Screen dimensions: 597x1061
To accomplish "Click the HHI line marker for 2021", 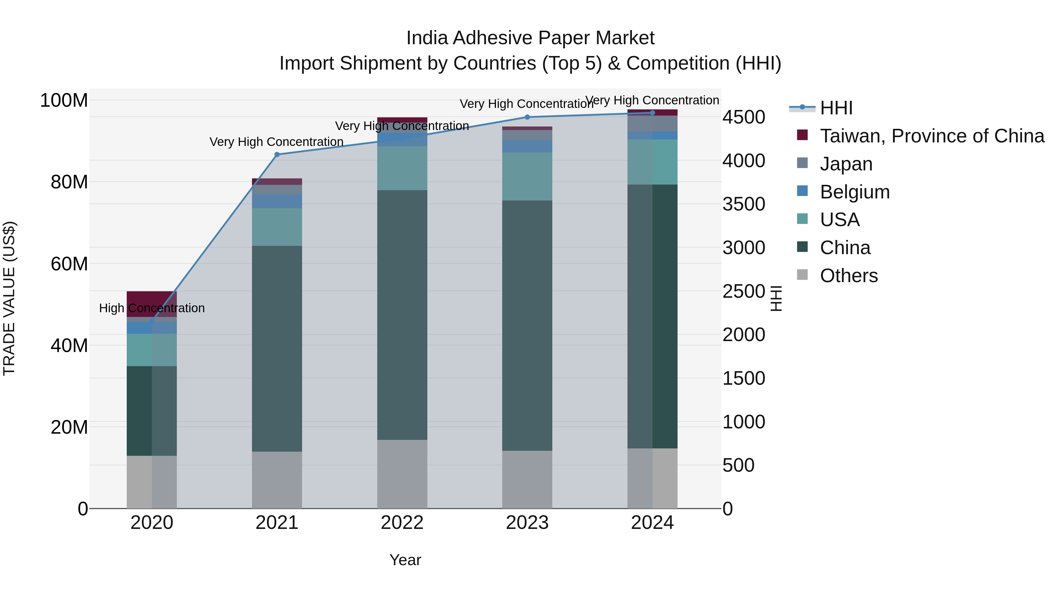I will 277,154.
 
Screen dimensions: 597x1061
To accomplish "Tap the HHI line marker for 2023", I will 527,117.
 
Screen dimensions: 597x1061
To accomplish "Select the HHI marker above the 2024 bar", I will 653,113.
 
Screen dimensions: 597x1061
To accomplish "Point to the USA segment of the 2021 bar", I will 277,227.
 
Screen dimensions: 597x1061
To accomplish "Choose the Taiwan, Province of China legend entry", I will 932,136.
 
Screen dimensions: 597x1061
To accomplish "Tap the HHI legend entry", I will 836,108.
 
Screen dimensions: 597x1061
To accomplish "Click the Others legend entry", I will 849,276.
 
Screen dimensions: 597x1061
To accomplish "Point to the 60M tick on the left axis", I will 69,264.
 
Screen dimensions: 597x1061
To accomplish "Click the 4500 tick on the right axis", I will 744,117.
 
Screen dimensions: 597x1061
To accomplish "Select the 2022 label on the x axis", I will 402,523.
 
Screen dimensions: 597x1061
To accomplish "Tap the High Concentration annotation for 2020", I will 151,308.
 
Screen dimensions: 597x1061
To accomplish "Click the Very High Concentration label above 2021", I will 276,142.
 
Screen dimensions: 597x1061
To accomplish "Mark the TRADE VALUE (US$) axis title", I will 9,298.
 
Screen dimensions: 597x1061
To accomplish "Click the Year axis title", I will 405,560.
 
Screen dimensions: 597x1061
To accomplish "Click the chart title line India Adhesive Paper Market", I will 530,38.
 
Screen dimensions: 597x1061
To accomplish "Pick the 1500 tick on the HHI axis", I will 744,378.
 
